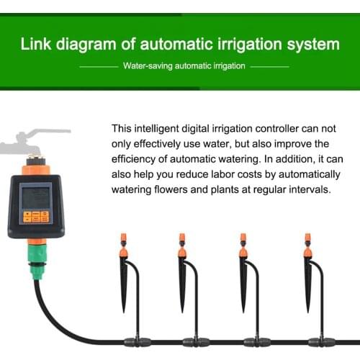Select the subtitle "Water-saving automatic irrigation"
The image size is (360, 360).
184,66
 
